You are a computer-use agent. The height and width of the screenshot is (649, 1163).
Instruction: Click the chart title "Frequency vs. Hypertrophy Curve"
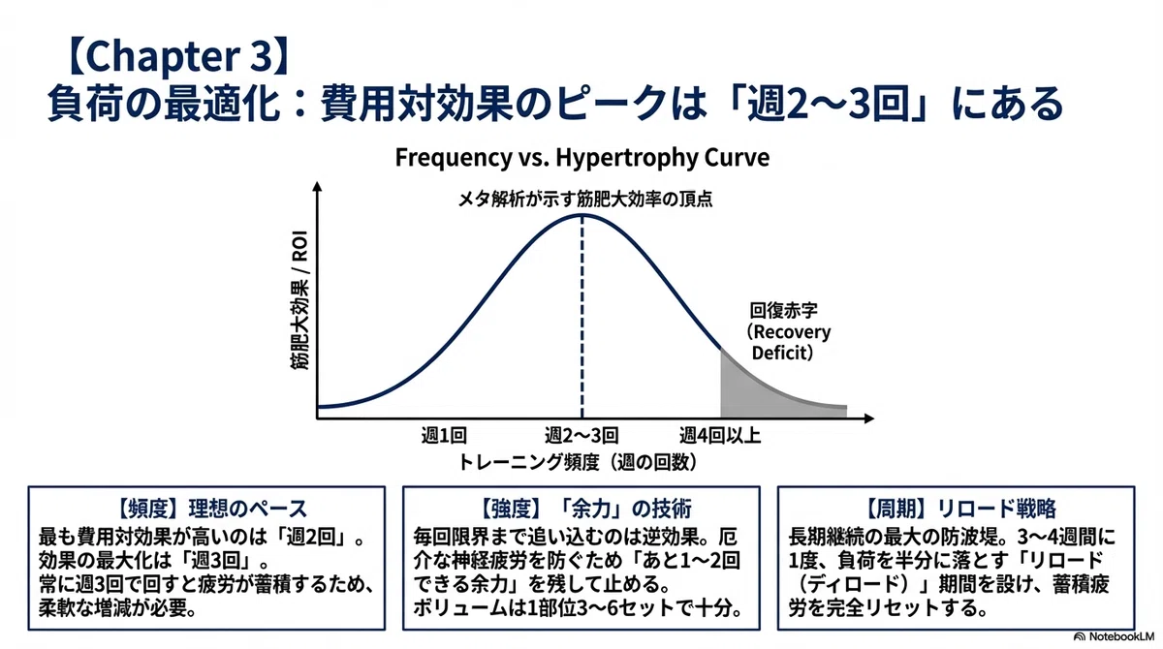582,158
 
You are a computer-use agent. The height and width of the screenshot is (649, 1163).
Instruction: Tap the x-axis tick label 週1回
444,435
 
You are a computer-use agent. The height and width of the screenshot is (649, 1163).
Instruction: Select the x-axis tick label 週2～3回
581,435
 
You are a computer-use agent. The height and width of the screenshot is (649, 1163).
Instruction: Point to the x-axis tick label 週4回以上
720,435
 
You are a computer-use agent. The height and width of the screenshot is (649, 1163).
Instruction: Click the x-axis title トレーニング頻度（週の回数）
578,462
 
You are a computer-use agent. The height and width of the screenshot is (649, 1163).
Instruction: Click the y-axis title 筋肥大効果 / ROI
300,300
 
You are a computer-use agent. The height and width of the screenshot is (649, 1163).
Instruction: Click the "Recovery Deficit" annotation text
789,342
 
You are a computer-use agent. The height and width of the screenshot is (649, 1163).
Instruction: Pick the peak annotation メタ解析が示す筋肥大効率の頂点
585,200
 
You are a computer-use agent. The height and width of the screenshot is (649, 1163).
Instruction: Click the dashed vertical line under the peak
582,317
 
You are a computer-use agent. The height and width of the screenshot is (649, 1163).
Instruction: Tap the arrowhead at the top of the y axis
318,186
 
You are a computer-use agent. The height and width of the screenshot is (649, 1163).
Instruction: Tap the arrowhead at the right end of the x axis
868,418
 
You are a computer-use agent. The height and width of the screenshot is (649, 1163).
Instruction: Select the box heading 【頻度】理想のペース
210,509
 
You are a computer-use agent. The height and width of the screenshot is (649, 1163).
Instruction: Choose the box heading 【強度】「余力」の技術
582,509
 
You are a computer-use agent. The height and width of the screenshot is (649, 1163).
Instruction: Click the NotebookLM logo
1114,636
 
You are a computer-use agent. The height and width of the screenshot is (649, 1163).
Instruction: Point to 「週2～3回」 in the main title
829,104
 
